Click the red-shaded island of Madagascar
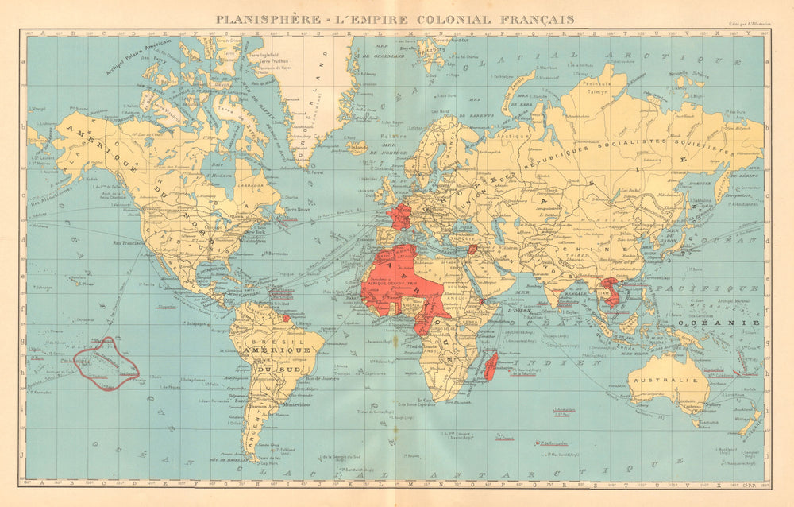point(491,367)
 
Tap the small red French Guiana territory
point(287,318)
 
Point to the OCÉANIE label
point(735,323)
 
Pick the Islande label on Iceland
point(359,148)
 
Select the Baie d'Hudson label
point(216,163)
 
